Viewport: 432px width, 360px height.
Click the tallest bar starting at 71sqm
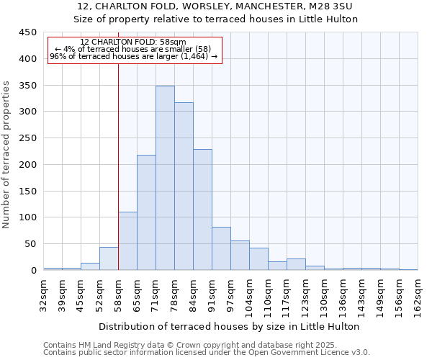165,179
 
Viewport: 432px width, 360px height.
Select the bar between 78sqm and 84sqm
184,186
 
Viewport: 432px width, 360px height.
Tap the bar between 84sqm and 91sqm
202,210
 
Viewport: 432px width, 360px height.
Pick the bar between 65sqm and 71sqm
146,212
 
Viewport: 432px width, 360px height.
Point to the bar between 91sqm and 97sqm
221,249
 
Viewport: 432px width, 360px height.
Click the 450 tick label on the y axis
27,32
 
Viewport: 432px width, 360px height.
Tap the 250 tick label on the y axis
27,138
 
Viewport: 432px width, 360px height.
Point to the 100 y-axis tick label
27,217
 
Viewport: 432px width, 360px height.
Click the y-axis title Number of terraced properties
6,155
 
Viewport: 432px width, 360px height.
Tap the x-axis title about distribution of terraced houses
229,326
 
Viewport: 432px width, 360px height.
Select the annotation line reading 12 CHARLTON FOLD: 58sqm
133,42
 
